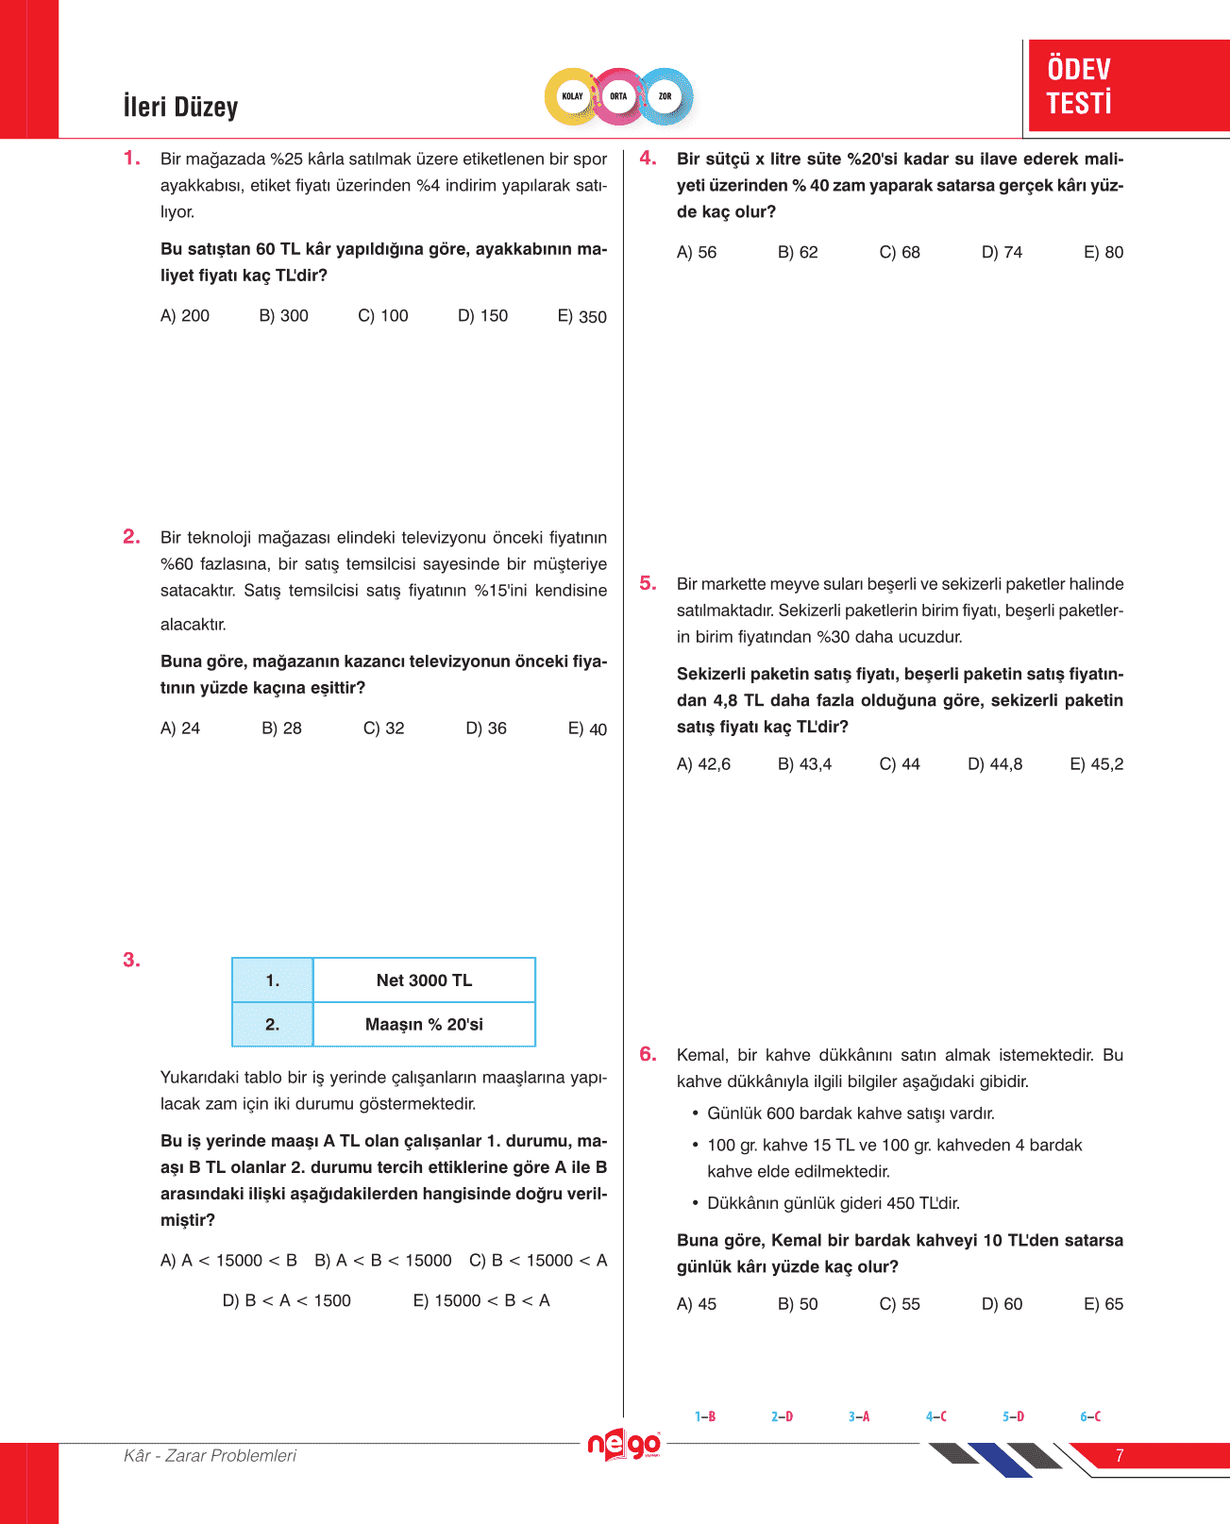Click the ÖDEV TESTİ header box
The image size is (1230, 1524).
pos(1128,85)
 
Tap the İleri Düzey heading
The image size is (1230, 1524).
pos(180,107)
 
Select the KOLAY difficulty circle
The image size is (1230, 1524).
pos(573,96)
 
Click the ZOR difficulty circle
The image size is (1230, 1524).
pos(666,96)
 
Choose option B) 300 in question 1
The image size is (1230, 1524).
pos(283,315)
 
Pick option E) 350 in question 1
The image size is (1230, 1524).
pos(581,316)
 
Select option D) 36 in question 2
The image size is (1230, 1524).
pos(486,729)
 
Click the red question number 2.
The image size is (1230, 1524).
pos(131,537)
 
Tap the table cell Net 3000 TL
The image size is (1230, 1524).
pos(424,980)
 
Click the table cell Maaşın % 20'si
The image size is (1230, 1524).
pos(424,1025)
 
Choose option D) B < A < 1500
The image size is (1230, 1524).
pos(286,1300)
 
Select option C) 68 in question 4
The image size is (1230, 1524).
pos(900,252)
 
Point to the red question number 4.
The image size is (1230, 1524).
pos(648,159)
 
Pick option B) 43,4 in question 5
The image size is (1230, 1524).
pos(804,764)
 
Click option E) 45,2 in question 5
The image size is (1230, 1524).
pos(1096,764)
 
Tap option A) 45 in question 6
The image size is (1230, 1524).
pos(697,1304)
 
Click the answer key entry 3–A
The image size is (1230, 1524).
pos(859,1416)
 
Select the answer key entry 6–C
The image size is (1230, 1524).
pos(1090,1416)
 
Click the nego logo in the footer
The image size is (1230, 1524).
pos(624,1445)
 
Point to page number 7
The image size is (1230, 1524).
pos(1120,1456)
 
